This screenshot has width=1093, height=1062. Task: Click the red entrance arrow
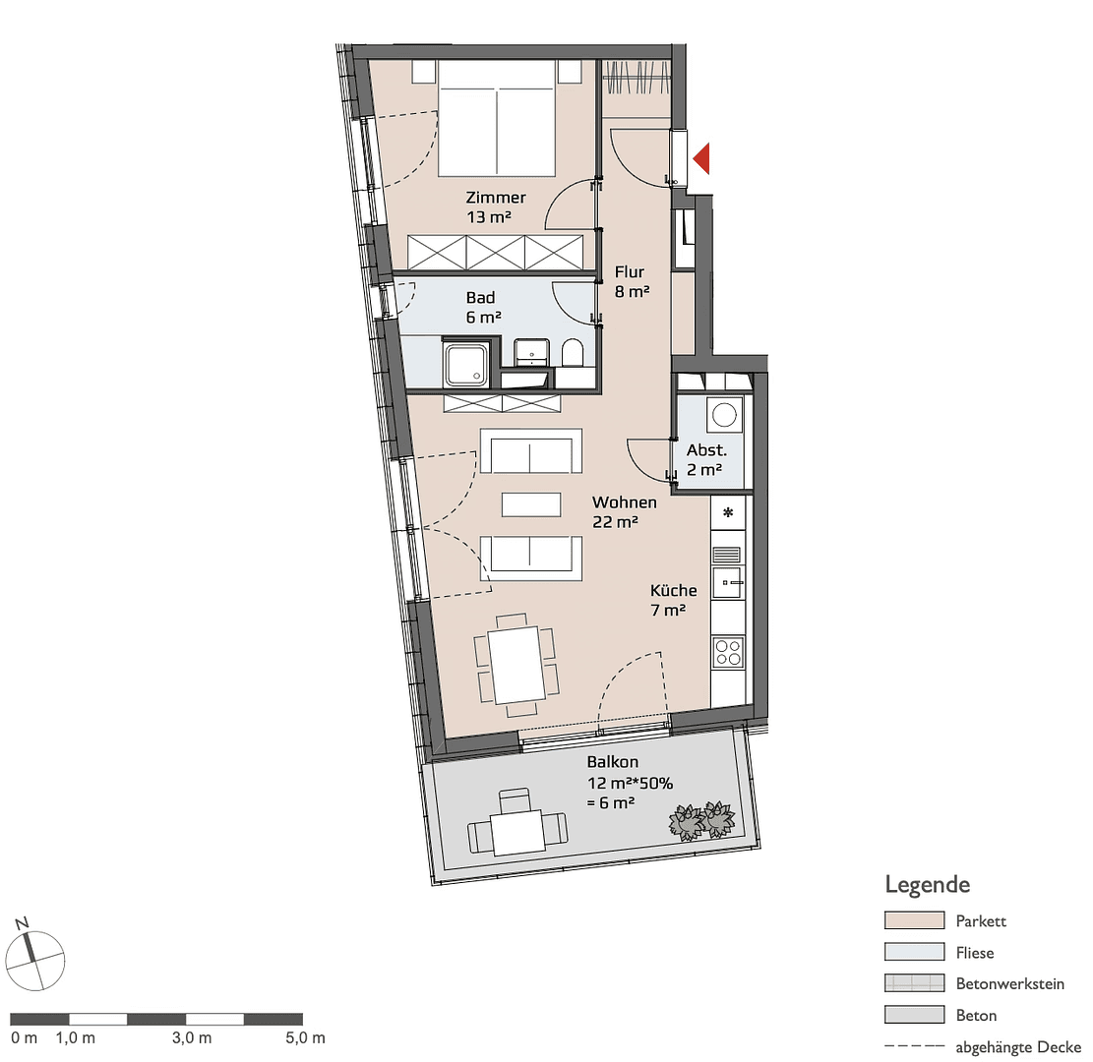702,158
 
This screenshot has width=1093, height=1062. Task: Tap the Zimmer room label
496,198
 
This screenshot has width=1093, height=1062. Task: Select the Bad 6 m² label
483,308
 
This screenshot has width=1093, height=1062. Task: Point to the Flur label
630,271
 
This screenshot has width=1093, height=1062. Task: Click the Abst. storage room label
706,450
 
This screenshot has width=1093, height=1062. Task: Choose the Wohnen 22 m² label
625,512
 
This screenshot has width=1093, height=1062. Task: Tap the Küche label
673,590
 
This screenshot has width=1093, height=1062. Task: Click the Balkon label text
613,762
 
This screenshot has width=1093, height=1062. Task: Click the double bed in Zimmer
497,118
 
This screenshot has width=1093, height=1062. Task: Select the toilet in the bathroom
573,353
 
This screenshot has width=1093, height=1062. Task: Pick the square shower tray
466,364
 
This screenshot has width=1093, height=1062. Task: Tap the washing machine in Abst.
724,415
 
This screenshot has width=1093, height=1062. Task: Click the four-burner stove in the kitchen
728,653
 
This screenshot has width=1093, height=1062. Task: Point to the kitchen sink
728,582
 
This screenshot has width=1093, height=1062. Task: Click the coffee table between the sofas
531,504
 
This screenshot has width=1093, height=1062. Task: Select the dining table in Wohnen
517,665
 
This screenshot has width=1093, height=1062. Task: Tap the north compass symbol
34,956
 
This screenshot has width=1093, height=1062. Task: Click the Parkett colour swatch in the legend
914,920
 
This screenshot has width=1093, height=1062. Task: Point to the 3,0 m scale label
192,1037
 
